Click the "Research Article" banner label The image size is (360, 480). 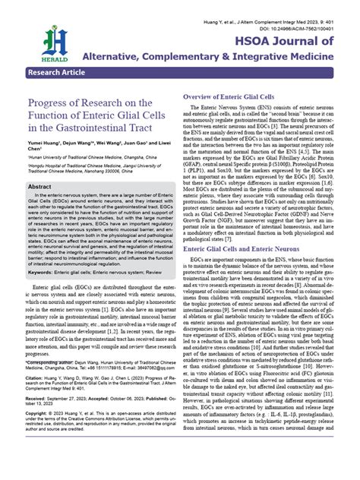pos(58,74)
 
